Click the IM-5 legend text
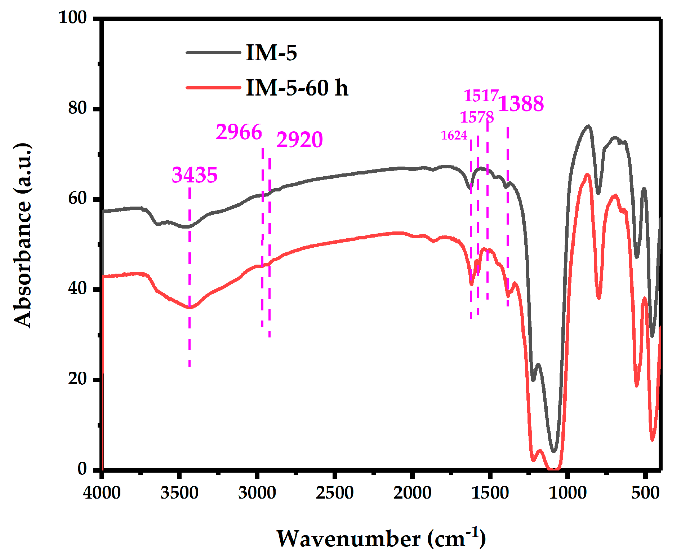pos(271,53)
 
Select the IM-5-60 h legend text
pos(297,88)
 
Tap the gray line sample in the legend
pos(213,53)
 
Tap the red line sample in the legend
pos(213,87)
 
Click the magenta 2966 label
pos(239,132)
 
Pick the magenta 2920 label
pos(299,140)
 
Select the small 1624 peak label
pos(454,136)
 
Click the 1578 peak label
pos(477,117)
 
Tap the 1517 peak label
pos(481,96)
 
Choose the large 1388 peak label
pos(521,104)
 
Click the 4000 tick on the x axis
pos(102,492)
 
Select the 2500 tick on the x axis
pos(334,492)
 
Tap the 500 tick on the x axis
pos(645,492)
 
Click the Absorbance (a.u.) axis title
pos(22,235)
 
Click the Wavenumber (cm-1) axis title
pos(381,539)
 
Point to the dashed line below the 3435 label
pos(190,278)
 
